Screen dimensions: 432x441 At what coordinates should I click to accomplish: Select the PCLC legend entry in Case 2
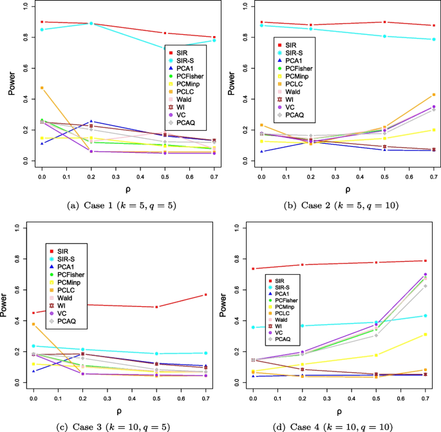click(x=294, y=84)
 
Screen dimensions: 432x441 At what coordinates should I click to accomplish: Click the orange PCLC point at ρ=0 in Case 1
click(x=42, y=88)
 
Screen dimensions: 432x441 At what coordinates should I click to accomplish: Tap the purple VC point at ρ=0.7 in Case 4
click(x=426, y=275)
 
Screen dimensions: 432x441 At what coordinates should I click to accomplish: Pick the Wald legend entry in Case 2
click(x=292, y=92)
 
